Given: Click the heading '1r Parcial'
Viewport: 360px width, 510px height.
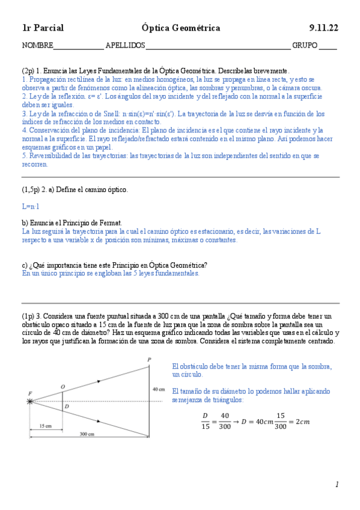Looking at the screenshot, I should click(43, 28).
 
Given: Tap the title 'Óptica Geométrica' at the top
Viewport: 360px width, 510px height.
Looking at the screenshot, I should click(180, 28).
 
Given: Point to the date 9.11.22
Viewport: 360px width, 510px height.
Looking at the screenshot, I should click(324, 28).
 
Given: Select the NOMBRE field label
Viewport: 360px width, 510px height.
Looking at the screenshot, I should click(37, 46).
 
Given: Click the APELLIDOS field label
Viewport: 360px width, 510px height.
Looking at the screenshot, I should click(125, 46).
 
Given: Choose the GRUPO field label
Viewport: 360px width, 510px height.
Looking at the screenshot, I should click(305, 46).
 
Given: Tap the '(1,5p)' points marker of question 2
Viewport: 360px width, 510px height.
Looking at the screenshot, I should click(32, 189).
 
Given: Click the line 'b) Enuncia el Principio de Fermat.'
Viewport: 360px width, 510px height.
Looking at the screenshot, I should click(72, 223).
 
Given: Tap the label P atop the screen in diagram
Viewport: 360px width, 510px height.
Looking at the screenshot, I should click(149, 360).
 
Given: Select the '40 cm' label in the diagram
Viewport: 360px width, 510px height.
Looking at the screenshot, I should click(158, 389).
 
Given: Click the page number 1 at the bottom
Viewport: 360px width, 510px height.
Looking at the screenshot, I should click(337, 484).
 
